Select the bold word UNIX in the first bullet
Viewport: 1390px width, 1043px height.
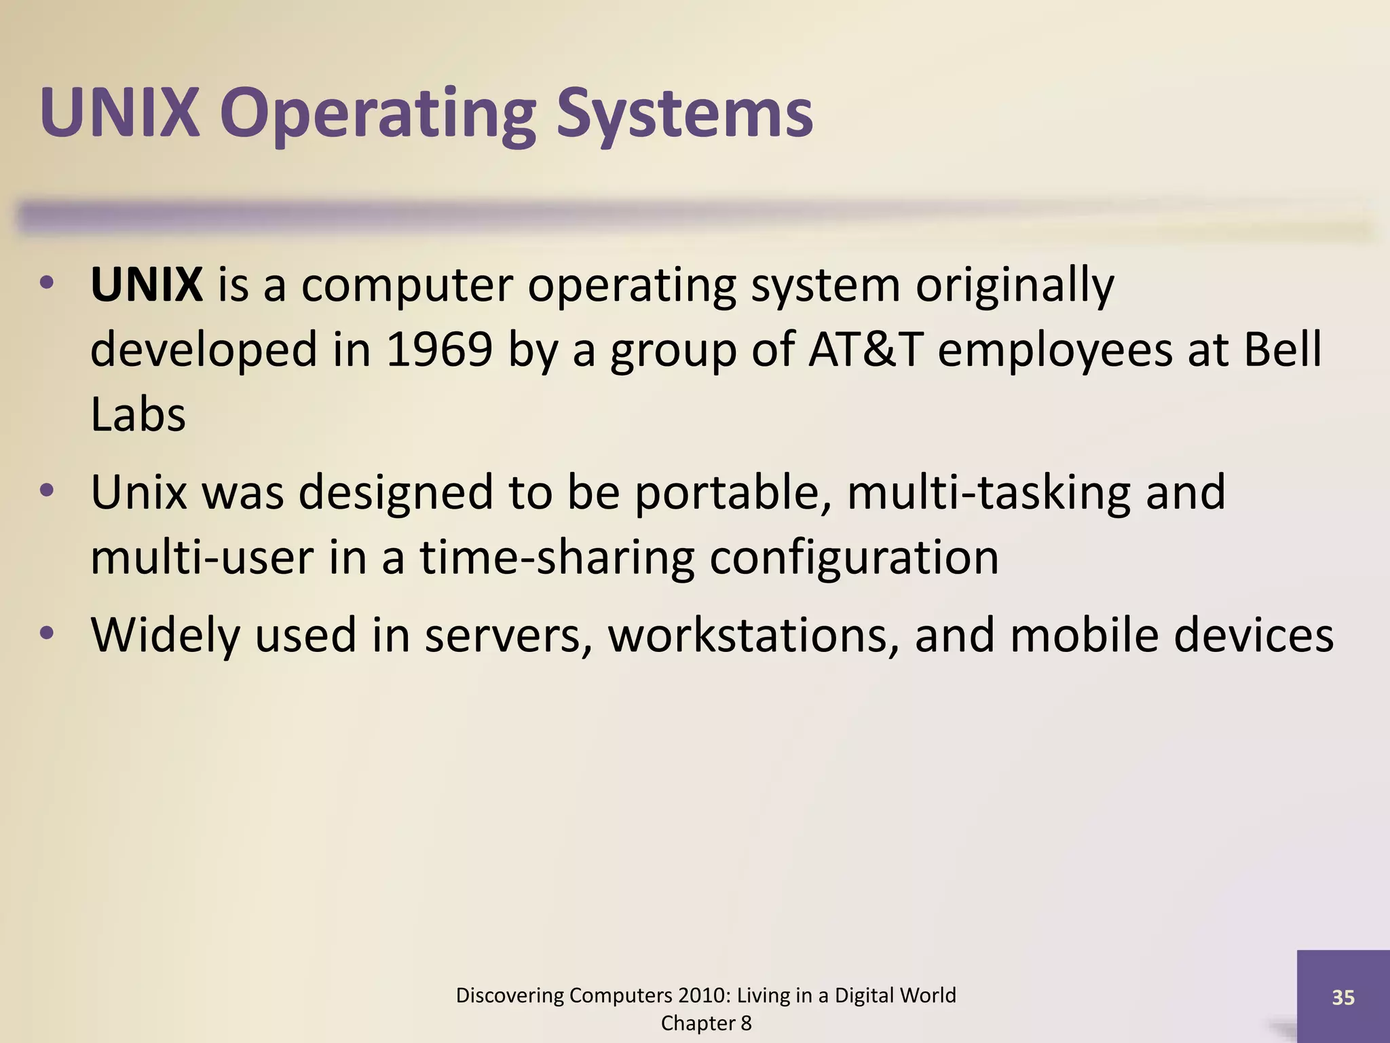coord(146,285)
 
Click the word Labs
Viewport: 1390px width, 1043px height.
coord(138,415)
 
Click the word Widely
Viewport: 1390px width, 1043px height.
coord(166,635)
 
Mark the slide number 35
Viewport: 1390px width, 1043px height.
coord(1343,998)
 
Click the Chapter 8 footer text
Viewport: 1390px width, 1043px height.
coord(706,1023)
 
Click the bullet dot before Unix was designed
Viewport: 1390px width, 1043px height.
coord(46,491)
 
